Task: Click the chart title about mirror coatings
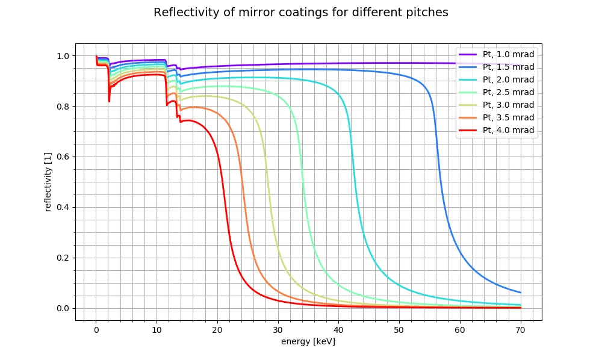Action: click(301, 13)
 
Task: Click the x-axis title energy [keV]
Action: click(308, 342)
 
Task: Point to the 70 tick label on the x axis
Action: click(521, 331)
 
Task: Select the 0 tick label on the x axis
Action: click(96, 331)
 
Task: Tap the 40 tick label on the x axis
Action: click(339, 331)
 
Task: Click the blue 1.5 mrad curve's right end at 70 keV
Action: click(520, 293)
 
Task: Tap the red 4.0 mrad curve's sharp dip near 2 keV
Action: click(109, 101)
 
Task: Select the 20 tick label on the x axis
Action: click(217, 331)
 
